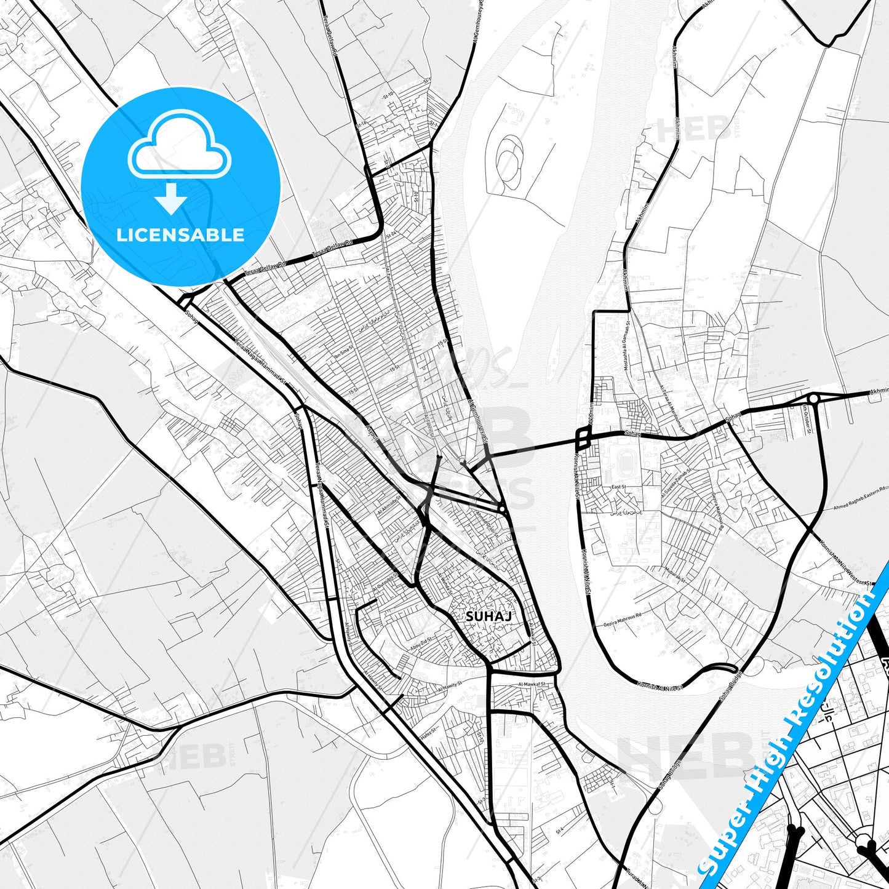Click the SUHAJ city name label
[x=480, y=616]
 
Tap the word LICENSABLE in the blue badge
[x=180, y=235]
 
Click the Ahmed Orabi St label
[x=485, y=523]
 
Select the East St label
[x=618, y=487]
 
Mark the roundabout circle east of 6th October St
[x=813, y=399]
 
